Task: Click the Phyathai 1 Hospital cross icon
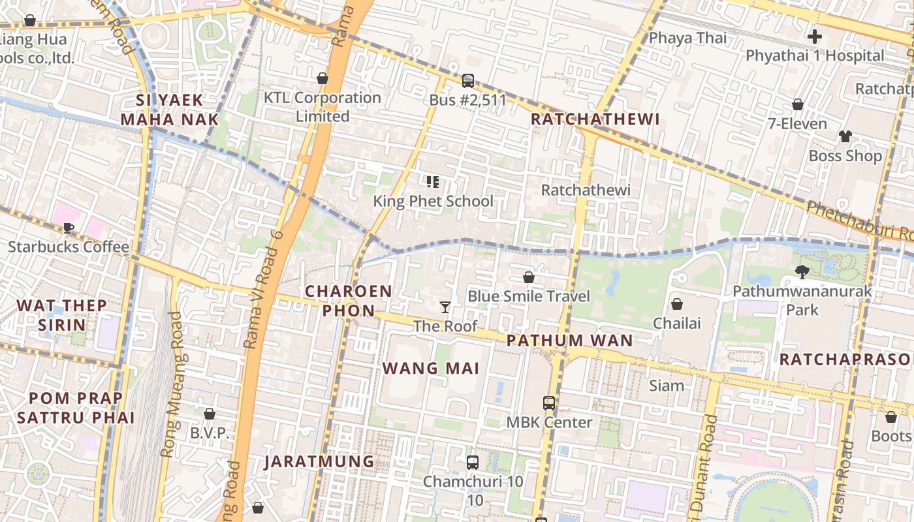coord(815,37)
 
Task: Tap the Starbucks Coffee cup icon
coord(69,228)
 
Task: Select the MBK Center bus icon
coord(549,403)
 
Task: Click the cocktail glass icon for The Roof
coord(445,307)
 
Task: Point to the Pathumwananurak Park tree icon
coord(802,272)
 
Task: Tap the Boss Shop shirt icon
coord(845,136)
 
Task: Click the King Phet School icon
coord(432,181)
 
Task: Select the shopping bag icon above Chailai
coord(677,304)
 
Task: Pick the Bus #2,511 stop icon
coord(467,81)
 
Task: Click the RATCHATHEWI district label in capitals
coord(595,119)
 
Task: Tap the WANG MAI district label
coord(431,368)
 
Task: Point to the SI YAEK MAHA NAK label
coord(170,110)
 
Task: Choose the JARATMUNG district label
coord(319,462)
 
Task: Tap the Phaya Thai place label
coord(687,38)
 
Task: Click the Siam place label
coord(667,386)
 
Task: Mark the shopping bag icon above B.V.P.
coord(210,414)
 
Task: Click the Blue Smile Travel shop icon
coord(529,278)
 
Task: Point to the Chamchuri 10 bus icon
coord(473,463)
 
